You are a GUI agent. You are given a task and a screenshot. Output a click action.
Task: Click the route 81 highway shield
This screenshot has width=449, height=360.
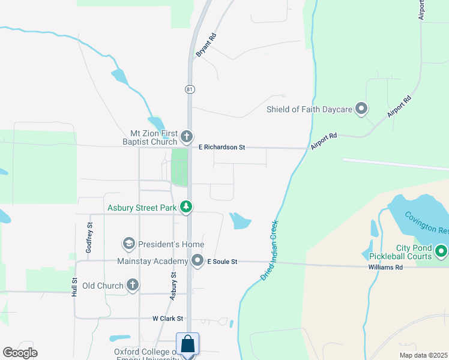189,89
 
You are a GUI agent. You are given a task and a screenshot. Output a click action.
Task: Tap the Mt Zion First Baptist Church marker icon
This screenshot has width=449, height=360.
187,136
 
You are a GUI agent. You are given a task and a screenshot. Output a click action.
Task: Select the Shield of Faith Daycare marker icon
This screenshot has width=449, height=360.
361,109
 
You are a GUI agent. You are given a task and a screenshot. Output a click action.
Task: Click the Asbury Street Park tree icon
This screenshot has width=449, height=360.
187,208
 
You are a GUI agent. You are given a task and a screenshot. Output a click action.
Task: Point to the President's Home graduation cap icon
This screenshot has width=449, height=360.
128,244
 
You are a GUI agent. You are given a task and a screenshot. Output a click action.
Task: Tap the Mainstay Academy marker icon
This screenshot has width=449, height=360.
197,260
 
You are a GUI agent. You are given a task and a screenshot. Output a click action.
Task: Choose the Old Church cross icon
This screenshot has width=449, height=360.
133,285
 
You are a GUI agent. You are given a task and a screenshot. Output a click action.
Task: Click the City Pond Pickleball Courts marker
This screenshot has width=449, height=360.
441,250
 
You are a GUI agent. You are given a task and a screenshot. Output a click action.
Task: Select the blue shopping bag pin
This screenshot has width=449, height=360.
187,344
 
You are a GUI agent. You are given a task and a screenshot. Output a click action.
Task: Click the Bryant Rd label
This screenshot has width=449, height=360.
206,46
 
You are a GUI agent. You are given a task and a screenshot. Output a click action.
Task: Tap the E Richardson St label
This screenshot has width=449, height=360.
223,147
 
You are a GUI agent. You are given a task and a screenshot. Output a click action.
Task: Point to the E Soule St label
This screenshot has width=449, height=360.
223,262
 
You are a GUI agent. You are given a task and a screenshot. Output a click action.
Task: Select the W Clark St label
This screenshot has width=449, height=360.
167,319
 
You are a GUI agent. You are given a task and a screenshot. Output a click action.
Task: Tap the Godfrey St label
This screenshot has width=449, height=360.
89,237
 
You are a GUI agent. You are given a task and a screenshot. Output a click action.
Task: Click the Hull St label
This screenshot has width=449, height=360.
75,287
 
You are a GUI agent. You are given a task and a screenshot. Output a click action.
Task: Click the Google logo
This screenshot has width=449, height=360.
20,353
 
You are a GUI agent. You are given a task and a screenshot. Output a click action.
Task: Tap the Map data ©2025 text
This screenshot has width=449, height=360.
424,355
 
